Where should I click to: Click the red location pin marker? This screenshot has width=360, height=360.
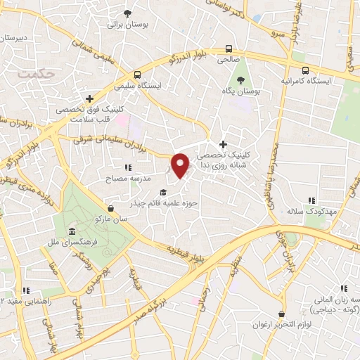[181, 165]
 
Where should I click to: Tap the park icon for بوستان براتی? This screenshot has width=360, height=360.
[127, 13]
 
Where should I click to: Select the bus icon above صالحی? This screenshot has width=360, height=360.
[229, 49]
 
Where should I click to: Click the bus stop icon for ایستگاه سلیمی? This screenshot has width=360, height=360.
[137, 74]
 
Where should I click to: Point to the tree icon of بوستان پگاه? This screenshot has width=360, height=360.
[241, 79]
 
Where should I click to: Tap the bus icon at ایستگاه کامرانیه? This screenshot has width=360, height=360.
[305, 70]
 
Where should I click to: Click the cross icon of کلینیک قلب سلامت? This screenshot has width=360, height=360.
[89, 99]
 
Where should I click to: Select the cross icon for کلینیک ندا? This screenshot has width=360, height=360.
[223, 144]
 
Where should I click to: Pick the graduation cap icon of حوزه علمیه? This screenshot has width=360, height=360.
[164, 192]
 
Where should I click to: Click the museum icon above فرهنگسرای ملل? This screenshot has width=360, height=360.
[71, 232]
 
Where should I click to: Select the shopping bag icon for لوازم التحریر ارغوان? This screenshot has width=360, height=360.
[281, 314]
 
